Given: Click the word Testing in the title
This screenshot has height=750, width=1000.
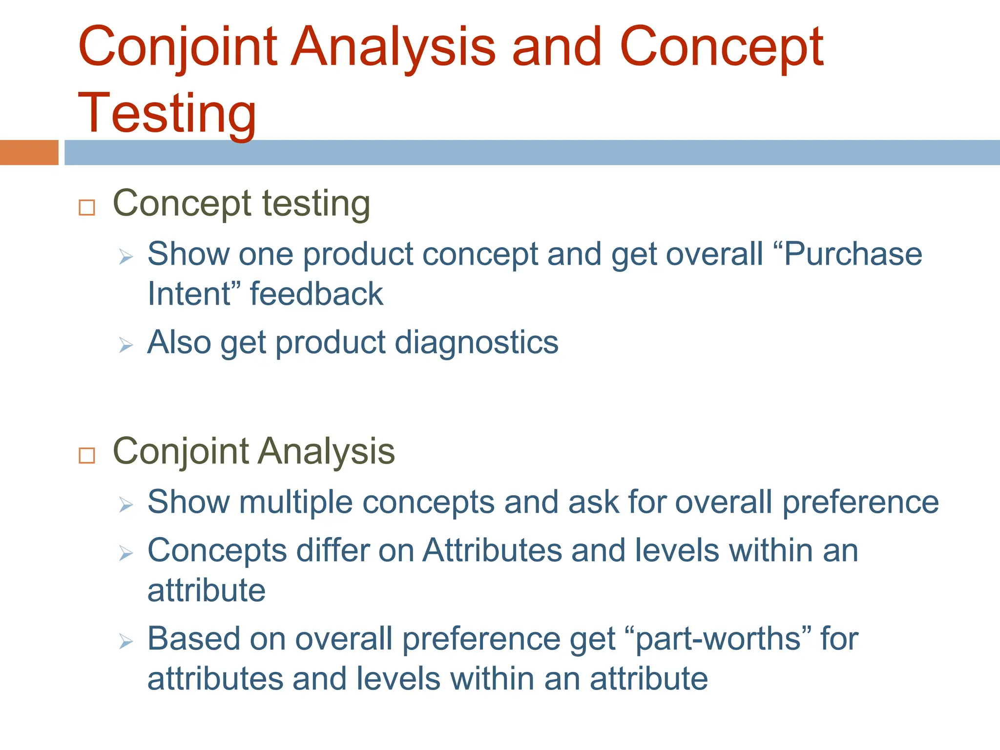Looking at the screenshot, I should point(167,113).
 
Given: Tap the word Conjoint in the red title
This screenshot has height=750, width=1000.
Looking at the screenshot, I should point(178,47).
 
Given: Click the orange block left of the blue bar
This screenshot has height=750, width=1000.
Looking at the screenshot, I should point(29,152).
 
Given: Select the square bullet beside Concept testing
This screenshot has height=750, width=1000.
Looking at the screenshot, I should point(87,208).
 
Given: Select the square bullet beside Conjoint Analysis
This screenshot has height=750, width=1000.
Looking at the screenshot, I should point(87,456).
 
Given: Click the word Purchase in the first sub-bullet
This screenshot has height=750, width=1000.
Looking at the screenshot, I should point(853,254).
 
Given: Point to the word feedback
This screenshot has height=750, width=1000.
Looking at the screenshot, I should point(316,294).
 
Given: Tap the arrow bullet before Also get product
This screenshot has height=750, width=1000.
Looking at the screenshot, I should point(125,346).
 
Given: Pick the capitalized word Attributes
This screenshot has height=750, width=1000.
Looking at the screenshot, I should point(492,551).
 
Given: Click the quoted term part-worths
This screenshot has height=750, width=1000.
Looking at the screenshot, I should point(718,640).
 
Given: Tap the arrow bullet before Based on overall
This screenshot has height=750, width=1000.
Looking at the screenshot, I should point(125,642).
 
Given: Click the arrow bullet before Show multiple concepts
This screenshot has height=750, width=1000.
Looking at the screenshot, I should point(125,505).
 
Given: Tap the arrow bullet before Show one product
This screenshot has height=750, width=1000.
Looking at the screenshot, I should point(125,257).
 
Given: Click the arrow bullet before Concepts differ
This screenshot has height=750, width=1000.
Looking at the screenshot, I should point(125,553).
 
